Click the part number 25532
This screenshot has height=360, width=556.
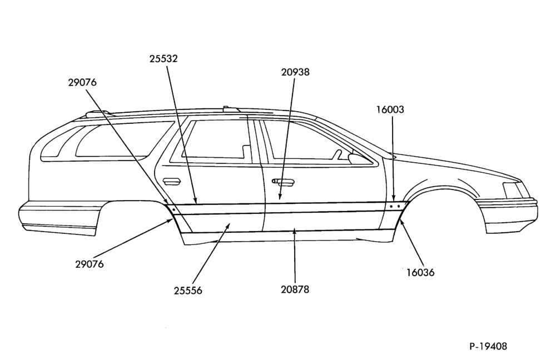[x=163, y=58]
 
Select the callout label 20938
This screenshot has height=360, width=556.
[x=295, y=72]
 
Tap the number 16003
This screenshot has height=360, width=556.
[x=390, y=109]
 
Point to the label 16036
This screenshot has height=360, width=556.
[x=420, y=272]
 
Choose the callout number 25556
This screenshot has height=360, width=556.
[x=188, y=291]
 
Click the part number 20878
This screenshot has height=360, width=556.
[x=295, y=289]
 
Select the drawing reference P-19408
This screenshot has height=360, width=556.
[x=488, y=346]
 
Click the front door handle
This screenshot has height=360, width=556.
[x=283, y=182]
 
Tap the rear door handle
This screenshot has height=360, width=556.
[x=172, y=182]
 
